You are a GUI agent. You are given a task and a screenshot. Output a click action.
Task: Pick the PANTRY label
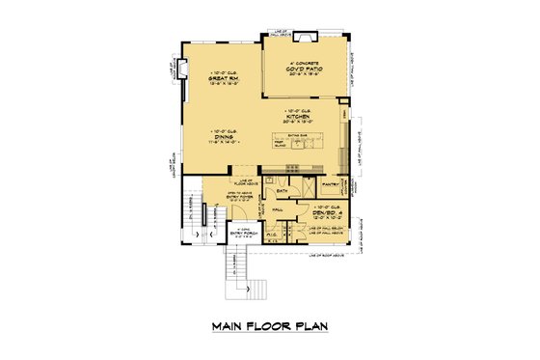(x=327, y=181)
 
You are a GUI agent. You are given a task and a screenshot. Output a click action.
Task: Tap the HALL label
(x=277, y=208)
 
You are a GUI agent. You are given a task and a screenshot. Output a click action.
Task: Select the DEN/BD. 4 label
(x=327, y=213)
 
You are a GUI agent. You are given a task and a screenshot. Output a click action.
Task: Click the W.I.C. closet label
(x=273, y=232)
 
